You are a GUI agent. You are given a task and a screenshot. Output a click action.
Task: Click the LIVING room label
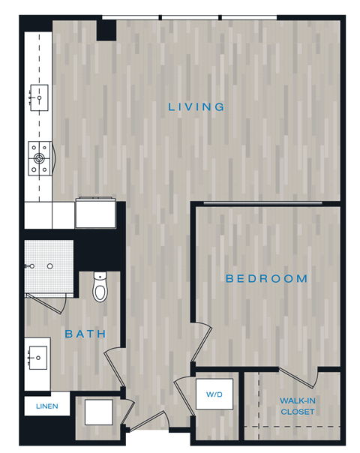tap(196, 106)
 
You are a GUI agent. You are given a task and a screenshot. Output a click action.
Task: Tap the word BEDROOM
tap(267, 278)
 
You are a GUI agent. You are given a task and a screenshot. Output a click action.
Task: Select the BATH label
tap(85, 334)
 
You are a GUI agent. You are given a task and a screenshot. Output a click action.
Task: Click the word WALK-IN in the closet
tap(298, 400)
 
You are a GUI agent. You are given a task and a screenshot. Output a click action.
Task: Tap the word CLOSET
tap(298, 412)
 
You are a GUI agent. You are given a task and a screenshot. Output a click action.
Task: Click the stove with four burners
tap(38, 158)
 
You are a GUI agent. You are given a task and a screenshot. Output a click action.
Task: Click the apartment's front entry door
tap(149, 422)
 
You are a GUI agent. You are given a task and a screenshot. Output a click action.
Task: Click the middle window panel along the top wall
tap(190, 17)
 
